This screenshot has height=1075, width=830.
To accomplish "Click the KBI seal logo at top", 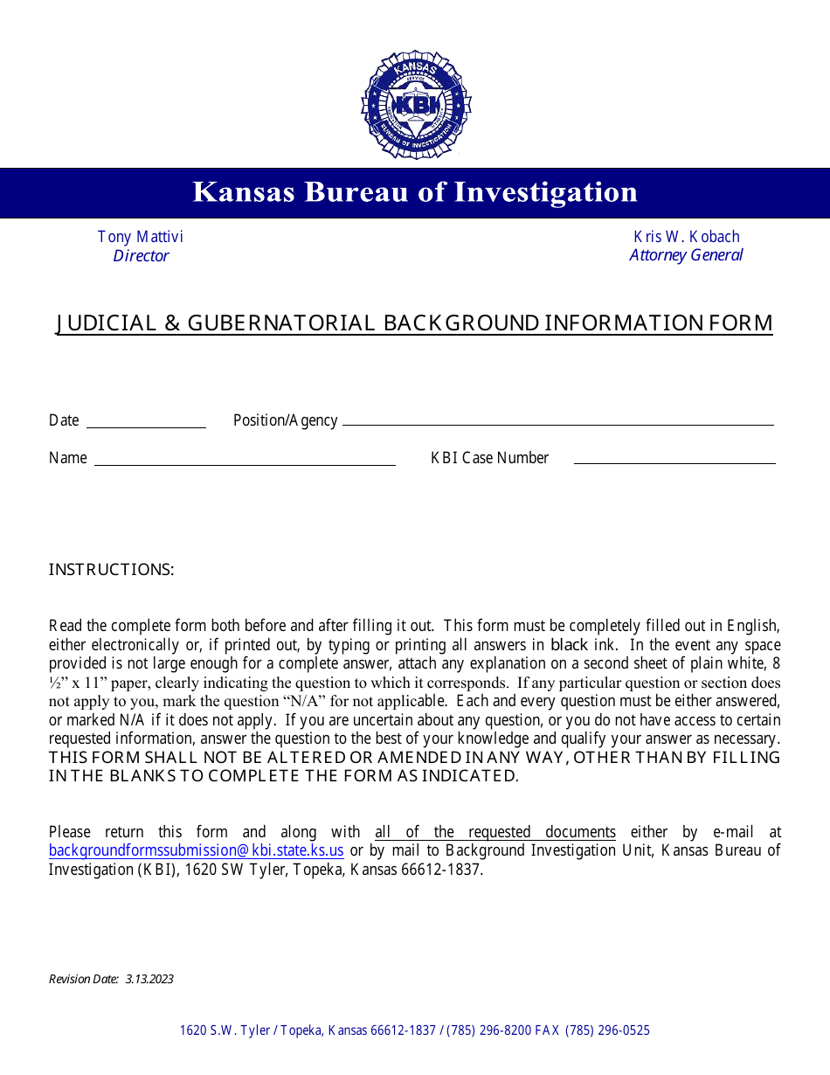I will coord(415,105).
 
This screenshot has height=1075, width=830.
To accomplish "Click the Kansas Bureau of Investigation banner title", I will coord(415,192).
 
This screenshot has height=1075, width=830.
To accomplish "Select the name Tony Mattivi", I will coord(141,237).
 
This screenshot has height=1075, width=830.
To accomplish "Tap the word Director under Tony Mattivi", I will coord(141,256).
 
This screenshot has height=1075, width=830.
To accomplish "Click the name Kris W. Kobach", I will coord(686,237).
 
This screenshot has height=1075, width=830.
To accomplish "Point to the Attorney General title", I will coord(686,255).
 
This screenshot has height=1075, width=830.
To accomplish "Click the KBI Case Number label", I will coord(489,458).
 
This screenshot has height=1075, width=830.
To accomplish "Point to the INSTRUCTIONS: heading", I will coord(112,570).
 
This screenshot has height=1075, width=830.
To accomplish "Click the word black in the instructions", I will coord(570,646).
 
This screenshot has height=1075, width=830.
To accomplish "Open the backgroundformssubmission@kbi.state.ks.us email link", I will coord(196,850).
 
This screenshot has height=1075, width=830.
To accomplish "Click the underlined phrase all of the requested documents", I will coord(495,832).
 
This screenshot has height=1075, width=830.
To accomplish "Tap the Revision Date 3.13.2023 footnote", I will coord(111,979).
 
